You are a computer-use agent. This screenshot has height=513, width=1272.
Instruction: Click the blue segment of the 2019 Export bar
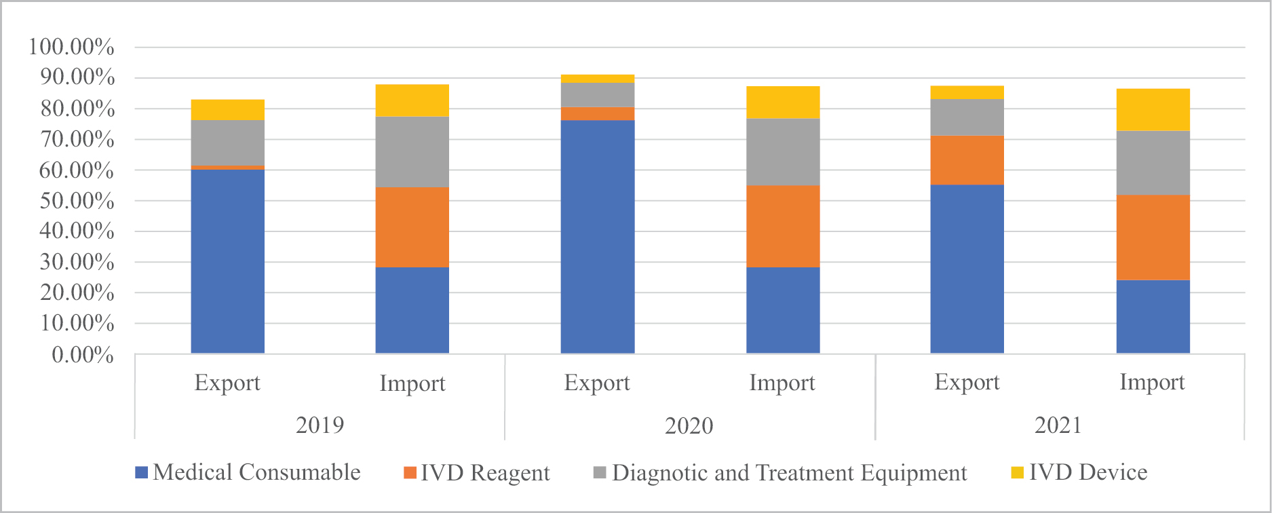[x=228, y=261]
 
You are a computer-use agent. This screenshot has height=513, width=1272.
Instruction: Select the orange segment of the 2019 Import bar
[x=412, y=227]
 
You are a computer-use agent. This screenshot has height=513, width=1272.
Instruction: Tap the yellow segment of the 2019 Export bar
[x=228, y=110]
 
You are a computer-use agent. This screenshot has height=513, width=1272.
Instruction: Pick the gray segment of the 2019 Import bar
[x=412, y=152]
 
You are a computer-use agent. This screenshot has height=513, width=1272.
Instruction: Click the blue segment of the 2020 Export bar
[x=598, y=237]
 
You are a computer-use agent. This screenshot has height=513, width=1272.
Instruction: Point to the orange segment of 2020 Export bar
[x=598, y=113]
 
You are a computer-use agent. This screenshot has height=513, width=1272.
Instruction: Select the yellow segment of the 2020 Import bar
[x=783, y=102]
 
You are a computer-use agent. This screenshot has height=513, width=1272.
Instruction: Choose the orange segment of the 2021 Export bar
[x=967, y=160]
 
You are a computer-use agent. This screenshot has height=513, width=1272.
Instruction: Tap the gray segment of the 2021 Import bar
[x=1153, y=163]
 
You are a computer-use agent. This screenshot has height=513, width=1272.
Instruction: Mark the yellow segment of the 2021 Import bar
[x=1153, y=110]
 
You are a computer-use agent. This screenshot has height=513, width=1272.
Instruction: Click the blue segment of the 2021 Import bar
[x=1153, y=316]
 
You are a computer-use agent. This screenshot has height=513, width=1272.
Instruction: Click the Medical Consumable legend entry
[x=248, y=472]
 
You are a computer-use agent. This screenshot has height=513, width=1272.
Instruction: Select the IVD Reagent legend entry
[x=477, y=473]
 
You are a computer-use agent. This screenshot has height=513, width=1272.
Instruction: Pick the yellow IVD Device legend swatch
[x=1017, y=473]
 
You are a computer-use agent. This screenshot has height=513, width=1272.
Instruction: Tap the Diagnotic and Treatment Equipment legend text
[x=789, y=473]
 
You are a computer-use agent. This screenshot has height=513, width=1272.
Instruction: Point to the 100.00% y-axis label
[x=71, y=47]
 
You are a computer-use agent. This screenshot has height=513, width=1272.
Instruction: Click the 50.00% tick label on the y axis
[x=76, y=201]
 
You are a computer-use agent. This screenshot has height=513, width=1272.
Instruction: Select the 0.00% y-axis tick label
[x=83, y=354]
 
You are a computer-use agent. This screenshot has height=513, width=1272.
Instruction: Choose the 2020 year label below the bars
[x=689, y=425]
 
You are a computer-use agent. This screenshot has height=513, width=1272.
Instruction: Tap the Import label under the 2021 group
[x=1152, y=382]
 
